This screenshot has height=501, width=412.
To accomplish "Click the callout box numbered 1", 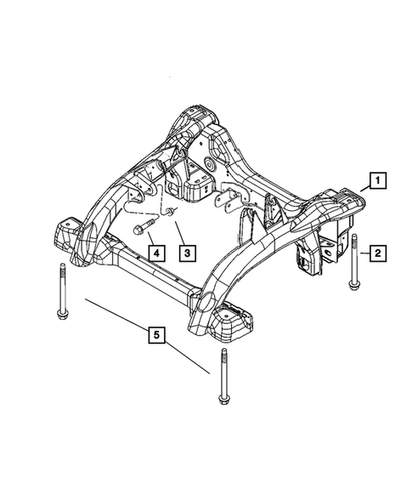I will coord(374,180).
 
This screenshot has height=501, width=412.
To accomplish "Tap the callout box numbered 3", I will coord(186,252).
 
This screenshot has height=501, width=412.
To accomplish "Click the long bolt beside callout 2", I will coord(354,265).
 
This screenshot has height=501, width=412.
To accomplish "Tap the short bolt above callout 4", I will coord(143,228).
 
